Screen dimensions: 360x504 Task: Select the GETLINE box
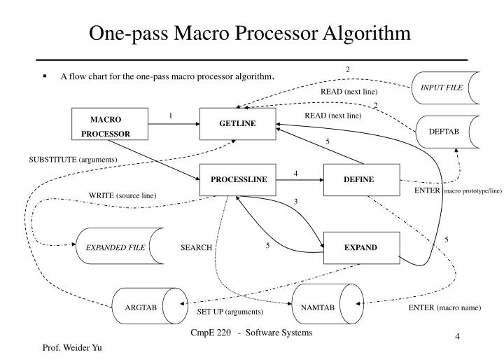(237, 124)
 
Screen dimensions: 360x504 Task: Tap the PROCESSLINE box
(239, 179)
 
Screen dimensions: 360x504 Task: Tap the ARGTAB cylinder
(142, 307)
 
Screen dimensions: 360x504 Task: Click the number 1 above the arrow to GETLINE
(170, 116)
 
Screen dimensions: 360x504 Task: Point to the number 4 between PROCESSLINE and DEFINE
(296, 172)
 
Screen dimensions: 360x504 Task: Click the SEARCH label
(196, 248)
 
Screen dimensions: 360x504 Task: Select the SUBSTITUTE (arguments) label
(73, 160)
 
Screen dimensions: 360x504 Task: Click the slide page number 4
(456, 337)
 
